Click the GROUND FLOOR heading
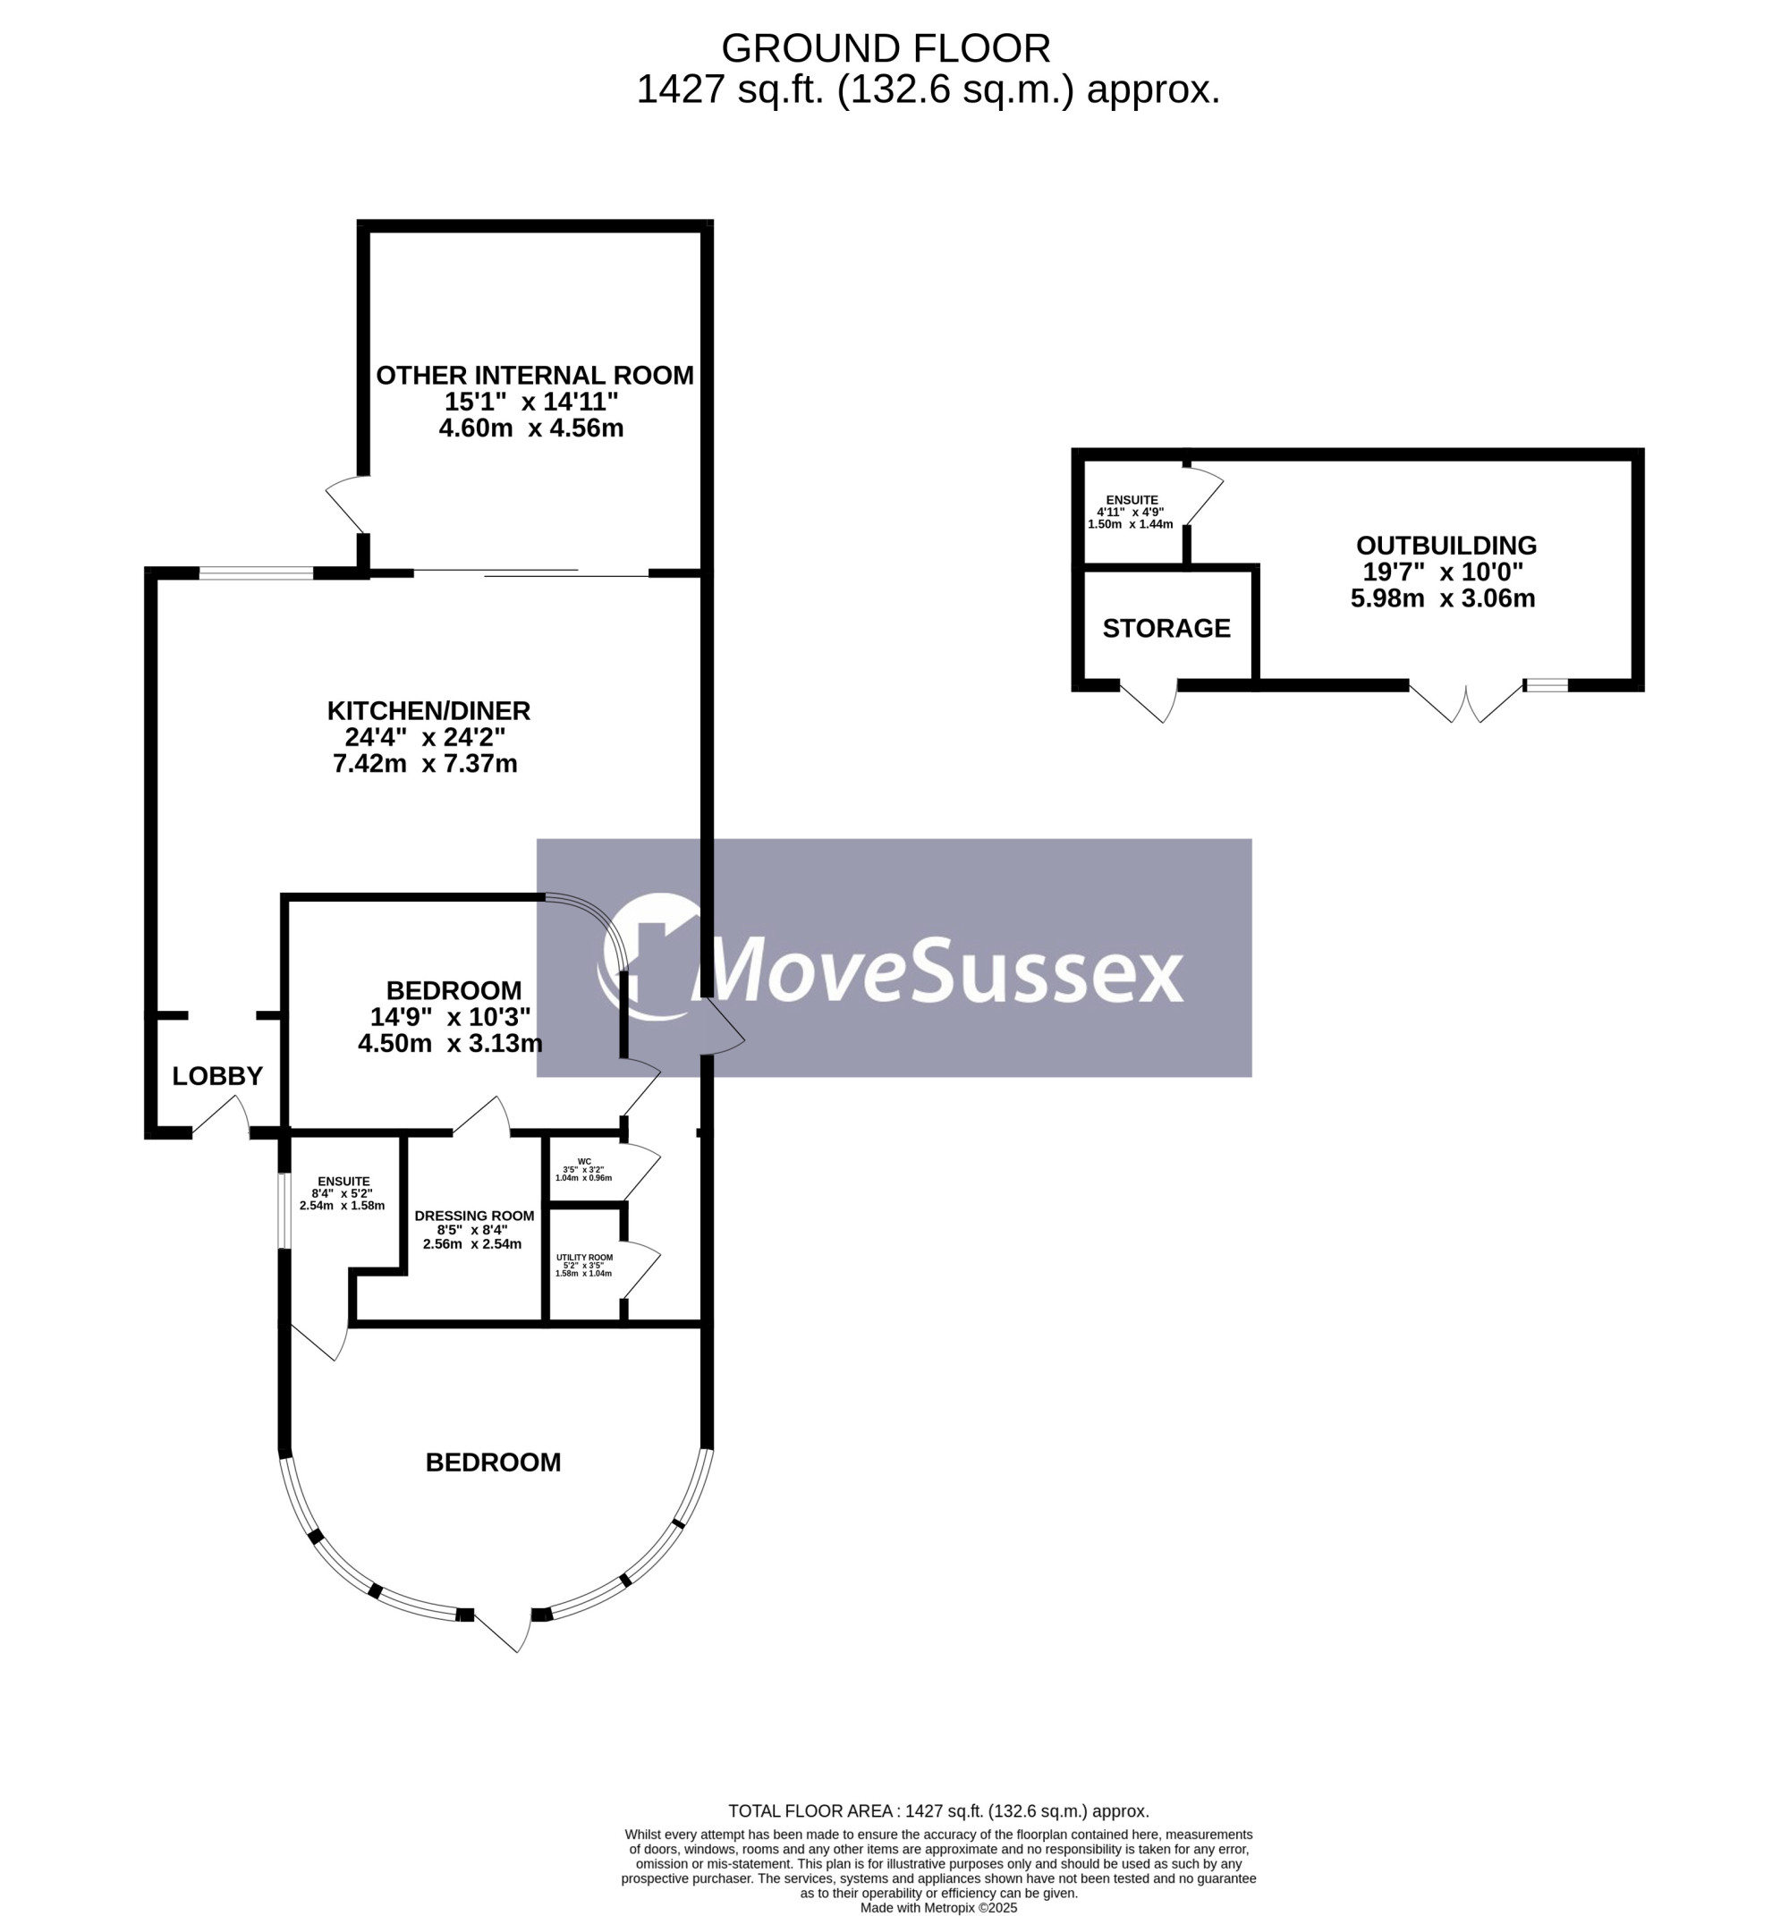coord(885,48)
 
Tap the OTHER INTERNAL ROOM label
coord(534,375)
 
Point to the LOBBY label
coord(216,1075)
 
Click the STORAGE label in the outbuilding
coord(1166,629)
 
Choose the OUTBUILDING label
coord(1446,546)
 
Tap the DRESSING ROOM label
coord(474,1217)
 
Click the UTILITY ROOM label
coord(584,1257)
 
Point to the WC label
coord(584,1161)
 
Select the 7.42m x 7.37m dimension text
coord(425,763)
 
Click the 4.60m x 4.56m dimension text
coord(531,428)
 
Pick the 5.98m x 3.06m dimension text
coord(1443,598)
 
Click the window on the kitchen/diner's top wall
coord(257,573)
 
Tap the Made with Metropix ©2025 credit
coord(937,1907)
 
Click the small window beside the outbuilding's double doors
coord(1546,685)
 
